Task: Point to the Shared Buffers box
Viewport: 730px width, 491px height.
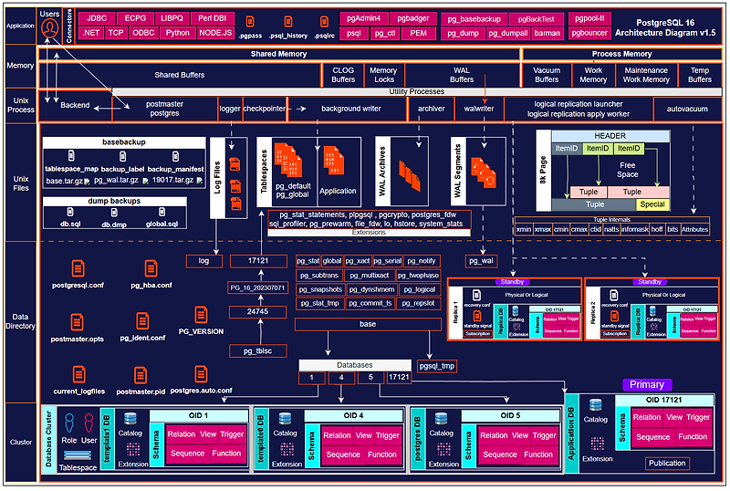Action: (179, 74)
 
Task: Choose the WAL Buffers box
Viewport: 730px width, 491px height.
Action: (462, 74)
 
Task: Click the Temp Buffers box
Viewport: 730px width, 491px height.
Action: (700, 74)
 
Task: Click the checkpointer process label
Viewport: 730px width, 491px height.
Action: (264, 108)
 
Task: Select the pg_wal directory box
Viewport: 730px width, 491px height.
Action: (481, 260)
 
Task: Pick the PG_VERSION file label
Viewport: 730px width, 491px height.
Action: (201, 331)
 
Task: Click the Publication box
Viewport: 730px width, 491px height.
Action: (666, 464)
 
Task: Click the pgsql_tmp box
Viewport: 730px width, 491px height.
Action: (436, 366)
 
